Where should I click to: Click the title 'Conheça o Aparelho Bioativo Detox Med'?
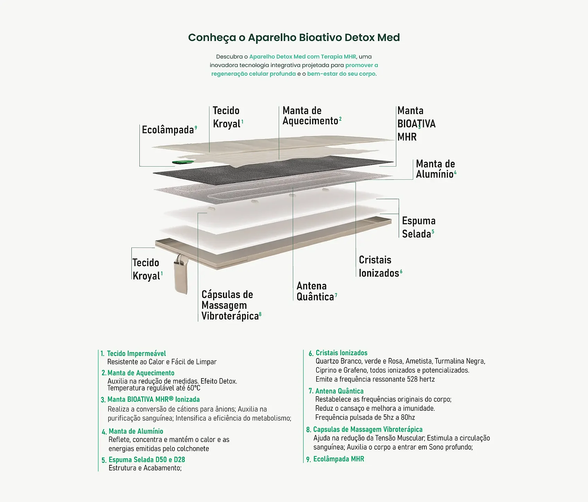(294, 37)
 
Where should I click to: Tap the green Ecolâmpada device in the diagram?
(183, 162)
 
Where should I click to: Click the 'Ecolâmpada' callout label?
(168, 130)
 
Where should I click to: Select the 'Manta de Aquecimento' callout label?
(310, 116)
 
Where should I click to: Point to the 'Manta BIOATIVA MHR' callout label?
(416, 124)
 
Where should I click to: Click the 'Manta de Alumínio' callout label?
(435, 169)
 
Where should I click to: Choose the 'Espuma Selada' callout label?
(418, 227)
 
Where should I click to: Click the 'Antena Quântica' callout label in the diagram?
(315, 291)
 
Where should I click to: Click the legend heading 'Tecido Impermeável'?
(136, 354)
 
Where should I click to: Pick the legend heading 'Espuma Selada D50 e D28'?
(147, 460)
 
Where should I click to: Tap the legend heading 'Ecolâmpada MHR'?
(338, 459)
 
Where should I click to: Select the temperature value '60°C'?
(193, 388)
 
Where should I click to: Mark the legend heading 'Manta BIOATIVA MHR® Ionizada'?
(153, 399)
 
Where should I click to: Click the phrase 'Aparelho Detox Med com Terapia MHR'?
(302, 57)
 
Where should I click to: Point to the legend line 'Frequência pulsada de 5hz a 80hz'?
(365, 417)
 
